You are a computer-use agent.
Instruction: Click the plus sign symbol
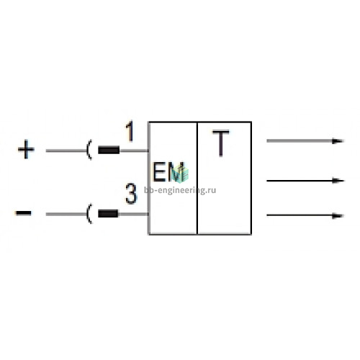(x=26, y=149)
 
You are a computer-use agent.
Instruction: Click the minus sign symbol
(x=23, y=213)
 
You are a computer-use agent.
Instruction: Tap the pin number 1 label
(x=130, y=132)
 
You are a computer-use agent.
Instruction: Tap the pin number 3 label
(x=131, y=194)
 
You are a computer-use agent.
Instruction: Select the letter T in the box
(x=221, y=143)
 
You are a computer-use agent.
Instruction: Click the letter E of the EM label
(x=159, y=172)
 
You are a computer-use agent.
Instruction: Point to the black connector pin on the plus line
(x=109, y=150)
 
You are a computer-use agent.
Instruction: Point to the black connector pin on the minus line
(x=108, y=213)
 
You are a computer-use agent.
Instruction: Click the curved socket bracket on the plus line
(x=88, y=150)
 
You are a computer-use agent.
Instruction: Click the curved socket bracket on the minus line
(x=88, y=214)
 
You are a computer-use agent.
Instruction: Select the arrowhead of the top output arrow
(x=338, y=141)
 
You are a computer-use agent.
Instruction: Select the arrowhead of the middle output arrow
(x=338, y=180)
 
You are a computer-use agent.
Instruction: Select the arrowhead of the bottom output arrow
(x=338, y=215)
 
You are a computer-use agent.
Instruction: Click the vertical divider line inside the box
(x=197, y=179)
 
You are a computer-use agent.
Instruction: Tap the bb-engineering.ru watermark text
(x=180, y=190)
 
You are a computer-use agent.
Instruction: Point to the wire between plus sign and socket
(x=66, y=150)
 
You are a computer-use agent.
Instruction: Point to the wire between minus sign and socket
(x=66, y=214)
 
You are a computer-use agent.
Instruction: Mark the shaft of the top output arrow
(x=300, y=141)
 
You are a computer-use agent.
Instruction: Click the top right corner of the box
(x=251, y=122)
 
